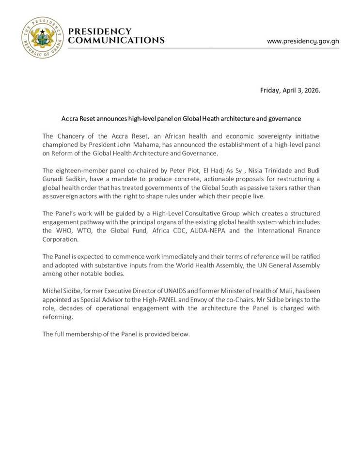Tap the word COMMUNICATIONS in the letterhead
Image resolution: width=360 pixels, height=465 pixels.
[x=116, y=41]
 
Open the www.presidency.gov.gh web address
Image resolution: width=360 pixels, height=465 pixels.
[x=303, y=41]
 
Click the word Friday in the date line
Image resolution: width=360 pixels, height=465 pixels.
[x=270, y=91]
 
